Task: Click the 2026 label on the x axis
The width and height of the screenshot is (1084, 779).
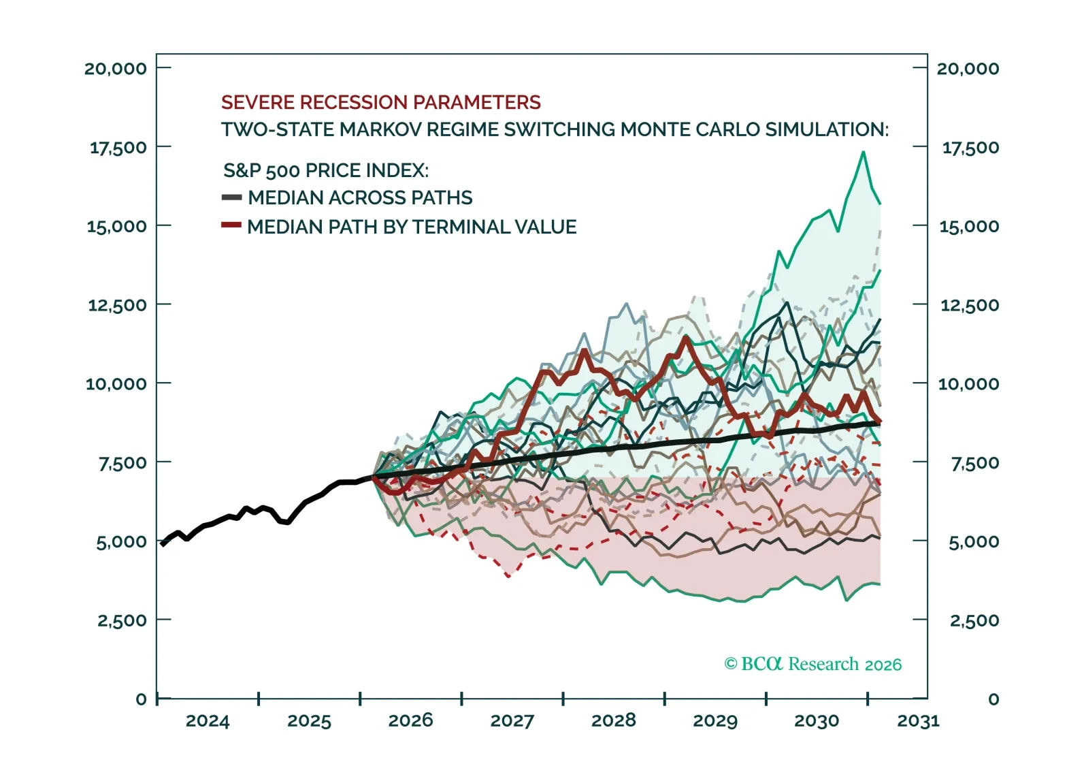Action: [x=410, y=720]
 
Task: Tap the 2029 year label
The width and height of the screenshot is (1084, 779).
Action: [x=715, y=720]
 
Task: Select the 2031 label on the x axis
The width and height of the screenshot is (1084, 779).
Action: [x=918, y=720]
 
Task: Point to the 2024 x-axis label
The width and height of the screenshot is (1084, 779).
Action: [x=208, y=720]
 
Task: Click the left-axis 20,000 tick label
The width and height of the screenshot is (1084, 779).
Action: [x=115, y=68]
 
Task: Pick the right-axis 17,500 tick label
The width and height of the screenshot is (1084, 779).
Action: [x=970, y=147]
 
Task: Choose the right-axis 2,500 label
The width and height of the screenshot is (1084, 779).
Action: [x=974, y=620]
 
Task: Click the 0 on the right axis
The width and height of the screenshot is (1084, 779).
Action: [x=993, y=699]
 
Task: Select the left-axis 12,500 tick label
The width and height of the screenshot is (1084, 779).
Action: [x=117, y=305]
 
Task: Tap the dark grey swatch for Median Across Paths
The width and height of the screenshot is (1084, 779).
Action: [x=231, y=197]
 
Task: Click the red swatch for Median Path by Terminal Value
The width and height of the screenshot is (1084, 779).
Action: [x=231, y=225]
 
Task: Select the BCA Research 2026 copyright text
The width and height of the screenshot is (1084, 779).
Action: [x=812, y=664]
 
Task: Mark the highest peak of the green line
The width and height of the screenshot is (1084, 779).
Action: [x=863, y=152]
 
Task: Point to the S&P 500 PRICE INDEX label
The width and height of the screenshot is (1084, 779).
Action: [x=326, y=170]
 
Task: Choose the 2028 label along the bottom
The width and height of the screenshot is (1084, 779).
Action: [x=613, y=720]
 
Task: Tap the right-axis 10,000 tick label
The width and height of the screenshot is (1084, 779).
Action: [x=968, y=384]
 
